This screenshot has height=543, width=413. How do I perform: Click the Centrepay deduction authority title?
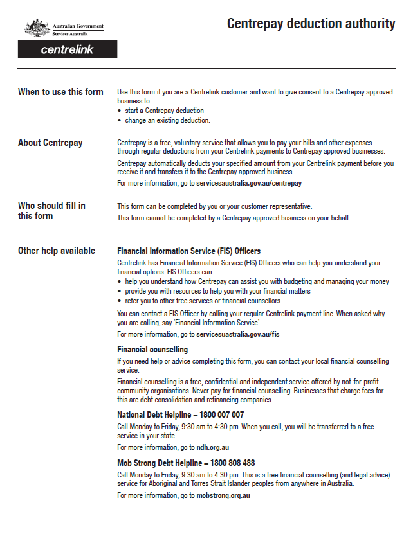pyautogui.click(x=311, y=24)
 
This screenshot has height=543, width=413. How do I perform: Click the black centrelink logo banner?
pyautogui.click(x=68, y=49)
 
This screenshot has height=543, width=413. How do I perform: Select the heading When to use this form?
pyautogui.click(x=60, y=92)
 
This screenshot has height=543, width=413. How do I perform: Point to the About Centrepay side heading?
pyautogui.click(x=50, y=143)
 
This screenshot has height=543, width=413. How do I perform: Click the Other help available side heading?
pyautogui.click(x=57, y=251)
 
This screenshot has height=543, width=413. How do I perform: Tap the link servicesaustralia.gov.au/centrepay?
pyautogui.click(x=249, y=183)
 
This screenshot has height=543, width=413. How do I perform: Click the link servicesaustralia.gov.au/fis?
pyautogui.click(x=237, y=334)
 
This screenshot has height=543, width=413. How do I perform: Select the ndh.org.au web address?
pyautogui.click(x=213, y=447)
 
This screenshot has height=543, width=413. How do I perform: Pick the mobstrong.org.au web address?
pyautogui.click(x=223, y=495)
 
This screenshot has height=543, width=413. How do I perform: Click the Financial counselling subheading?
pyautogui.click(x=152, y=349)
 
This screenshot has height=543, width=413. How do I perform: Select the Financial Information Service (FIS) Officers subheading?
pyautogui.click(x=188, y=251)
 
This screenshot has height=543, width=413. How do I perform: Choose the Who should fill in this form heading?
pyautogui.click(x=51, y=211)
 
